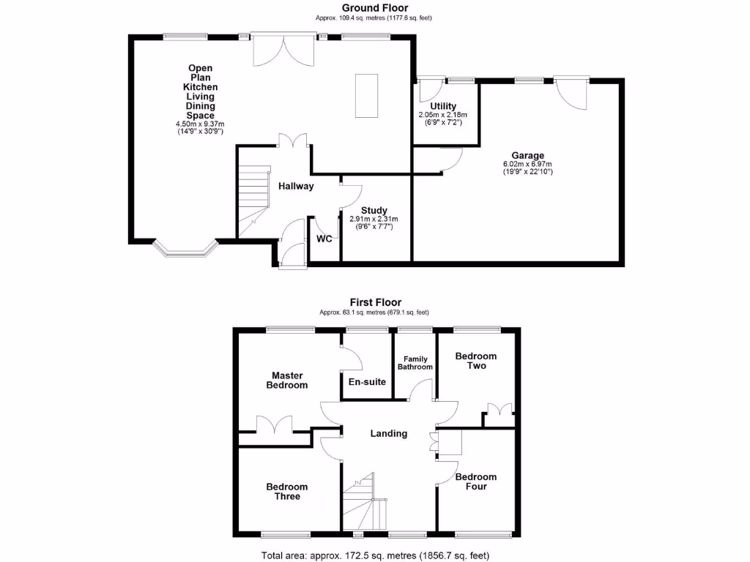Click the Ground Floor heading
pyautogui.click(x=374, y=8)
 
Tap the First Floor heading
pyautogui.click(x=374, y=302)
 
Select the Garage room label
pyautogui.click(x=527, y=155)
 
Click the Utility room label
pyautogui.click(x=443, y=106)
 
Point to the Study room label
pyautogui.click(x=374, y=210)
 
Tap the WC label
pyautogui.click(x=324, y=239)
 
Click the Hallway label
pyautogui.click(x=296, y=186)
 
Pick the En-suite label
pyautogui.click(x=367, y=381)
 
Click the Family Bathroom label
pyautogui.click(x=415, y=363)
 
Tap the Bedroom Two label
pyautogui.click(x=475, y=361)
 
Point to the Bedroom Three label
pyautogui.click(x=287, y=492)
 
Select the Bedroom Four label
pyautogui.click(x=475, y=482)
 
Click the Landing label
pyautogui.click(x=388, y=433)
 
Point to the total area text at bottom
pyautogui.click(x=375, y=555)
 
